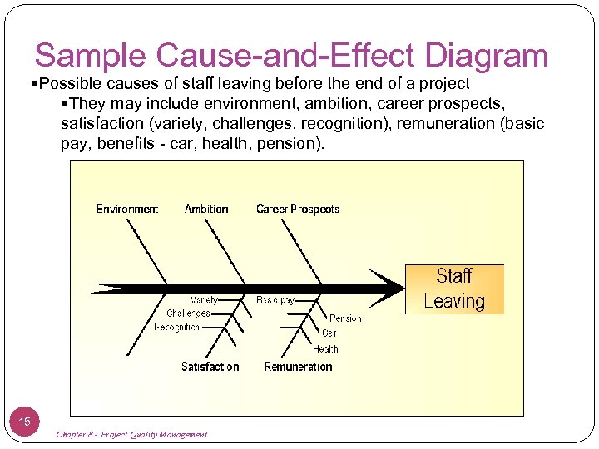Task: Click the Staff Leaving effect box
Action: click(454, 289)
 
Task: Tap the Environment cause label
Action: click(127, 209)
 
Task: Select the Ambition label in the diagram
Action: click(206, 209)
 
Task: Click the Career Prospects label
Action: click(298, 209)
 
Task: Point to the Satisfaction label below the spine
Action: click(210, 367)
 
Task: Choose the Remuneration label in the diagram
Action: click(298, 367)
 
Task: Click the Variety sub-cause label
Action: click(205, 299)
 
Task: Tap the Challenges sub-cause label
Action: click(188, 313)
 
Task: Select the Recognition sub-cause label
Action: click(177, 328)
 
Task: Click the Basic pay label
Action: click(275, 299)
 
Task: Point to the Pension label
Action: click(345, 318)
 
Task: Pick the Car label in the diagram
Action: click(329, 333)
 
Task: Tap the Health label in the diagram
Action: click(325, 349)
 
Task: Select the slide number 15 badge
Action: click(25, 422)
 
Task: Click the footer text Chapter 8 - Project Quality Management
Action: click(131, 435)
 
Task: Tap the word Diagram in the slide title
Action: click(486, 56)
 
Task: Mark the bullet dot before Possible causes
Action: click(34, 85)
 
